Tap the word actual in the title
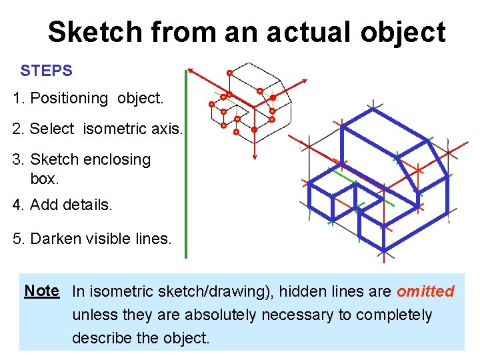pyautogui.click(x=291, y=32)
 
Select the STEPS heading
pyautogui.click(x=46, y=70)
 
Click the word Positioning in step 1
pyautogui.click(x=69, y=99)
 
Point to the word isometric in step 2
pyautogui.click(x=114, y=129)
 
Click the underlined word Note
pyautogui.click(x=42, y=291)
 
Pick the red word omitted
pyautogui.click(x=425, y=291)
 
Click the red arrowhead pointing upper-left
pyautogui.click(x=191, y=70)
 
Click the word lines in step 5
pyautogui.click(x=155, y=238)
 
